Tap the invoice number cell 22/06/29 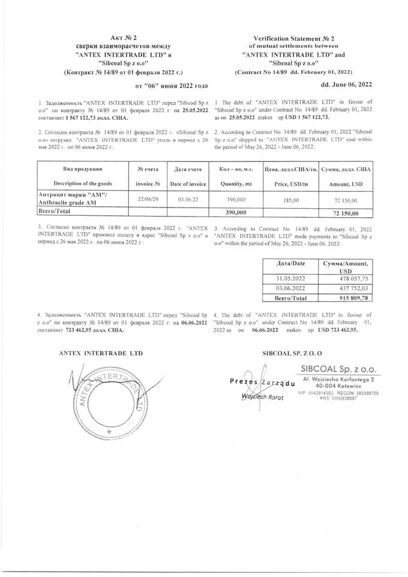coord(148,197)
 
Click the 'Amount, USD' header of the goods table coord(346,182)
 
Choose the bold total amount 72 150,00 coord(346,213)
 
